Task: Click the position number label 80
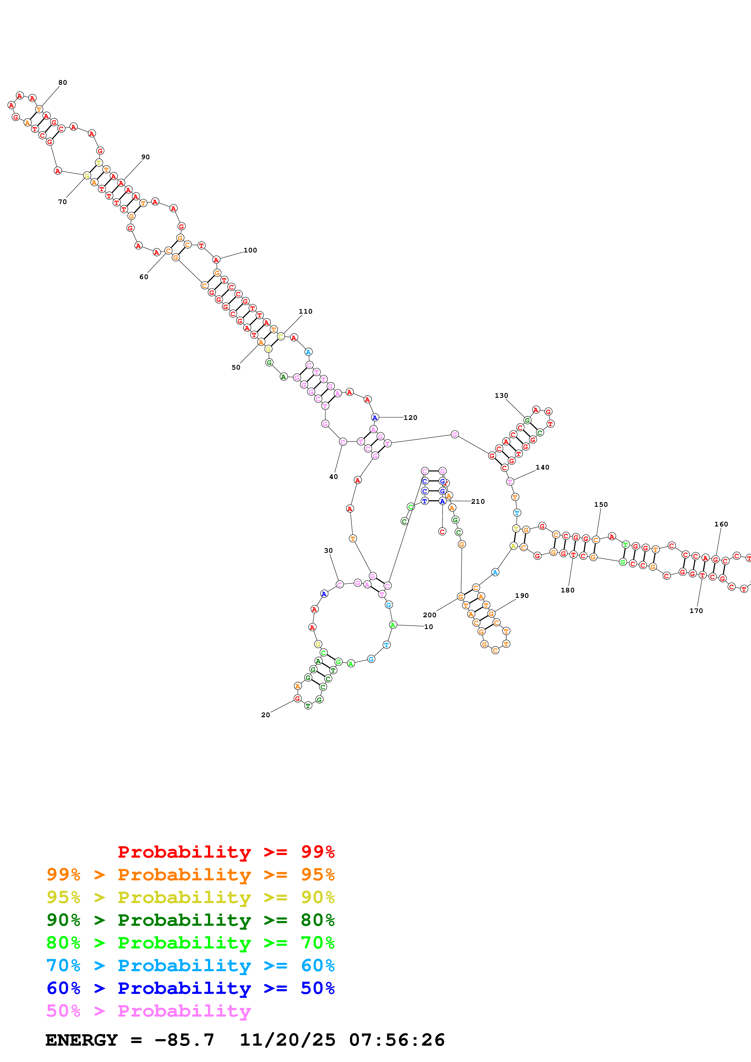[62, 83]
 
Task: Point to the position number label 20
[266, 715]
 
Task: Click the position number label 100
[250, 250]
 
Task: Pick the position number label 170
[696, 611]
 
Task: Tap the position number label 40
[333, 477]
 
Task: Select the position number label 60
[144, 277]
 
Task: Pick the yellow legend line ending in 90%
[190, 897]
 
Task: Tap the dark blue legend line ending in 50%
[190, 988]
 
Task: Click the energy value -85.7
[184, 1040]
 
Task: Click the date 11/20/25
[287, 1040]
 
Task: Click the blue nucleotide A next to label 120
[375, 418]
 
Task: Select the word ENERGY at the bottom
[81, 1040]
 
